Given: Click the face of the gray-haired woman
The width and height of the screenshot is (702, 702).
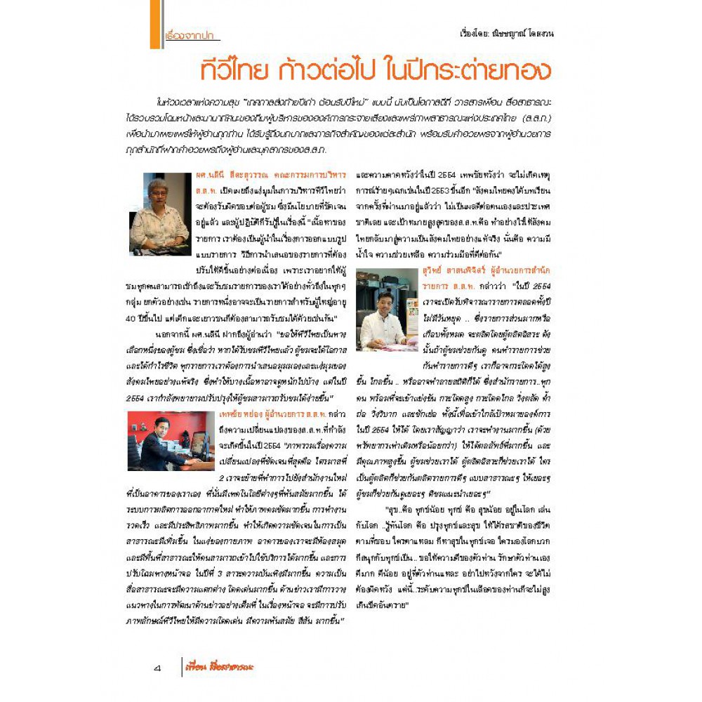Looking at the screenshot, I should point(159,191).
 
